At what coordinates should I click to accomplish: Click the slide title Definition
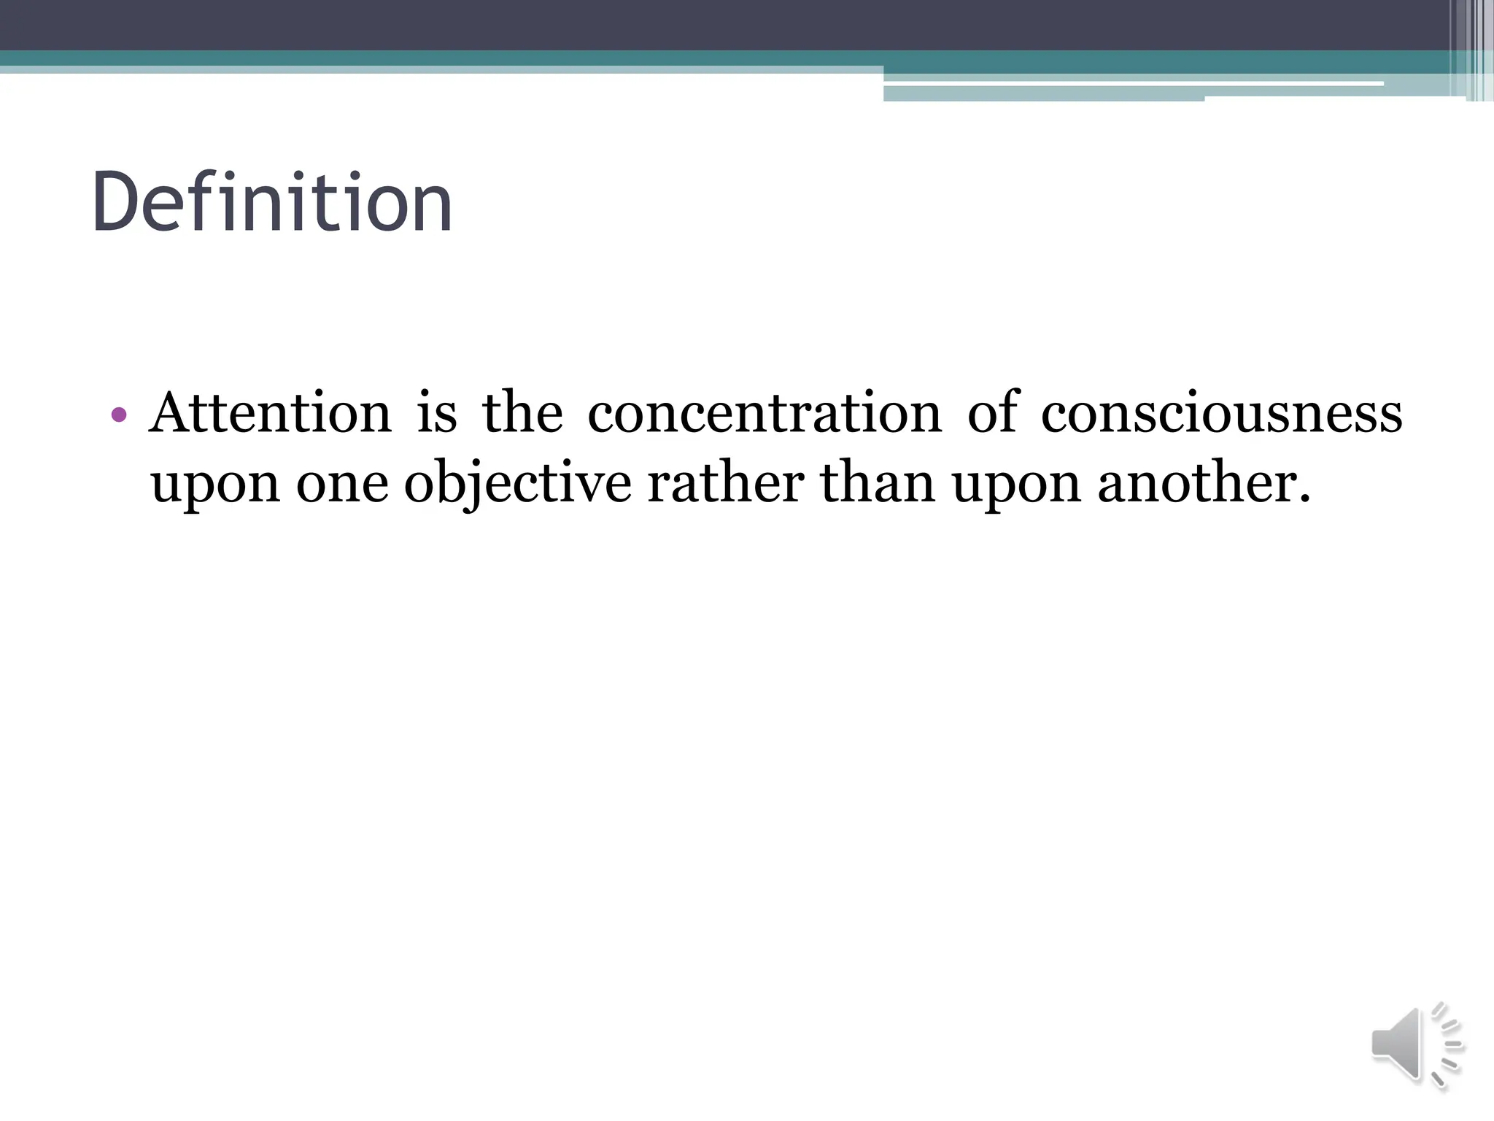pos(271,202)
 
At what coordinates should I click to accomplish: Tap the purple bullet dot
pos(119,415)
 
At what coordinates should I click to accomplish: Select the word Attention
pos(271,413)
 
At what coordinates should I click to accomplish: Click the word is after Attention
pos(436,413)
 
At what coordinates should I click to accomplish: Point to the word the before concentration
pos(522,413)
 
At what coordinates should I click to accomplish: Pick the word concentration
pos(765,413)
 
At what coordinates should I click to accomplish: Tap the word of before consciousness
pos(992,413)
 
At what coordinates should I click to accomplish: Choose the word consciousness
pos(1221,413)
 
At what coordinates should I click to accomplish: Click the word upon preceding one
pos(215,485)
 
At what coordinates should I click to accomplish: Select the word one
pos(342,485)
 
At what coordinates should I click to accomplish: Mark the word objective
pos(517,485)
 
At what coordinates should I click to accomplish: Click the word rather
pos(725,485)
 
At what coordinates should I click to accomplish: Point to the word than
pos(878,485)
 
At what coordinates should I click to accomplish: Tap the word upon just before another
pos(1016,485)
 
